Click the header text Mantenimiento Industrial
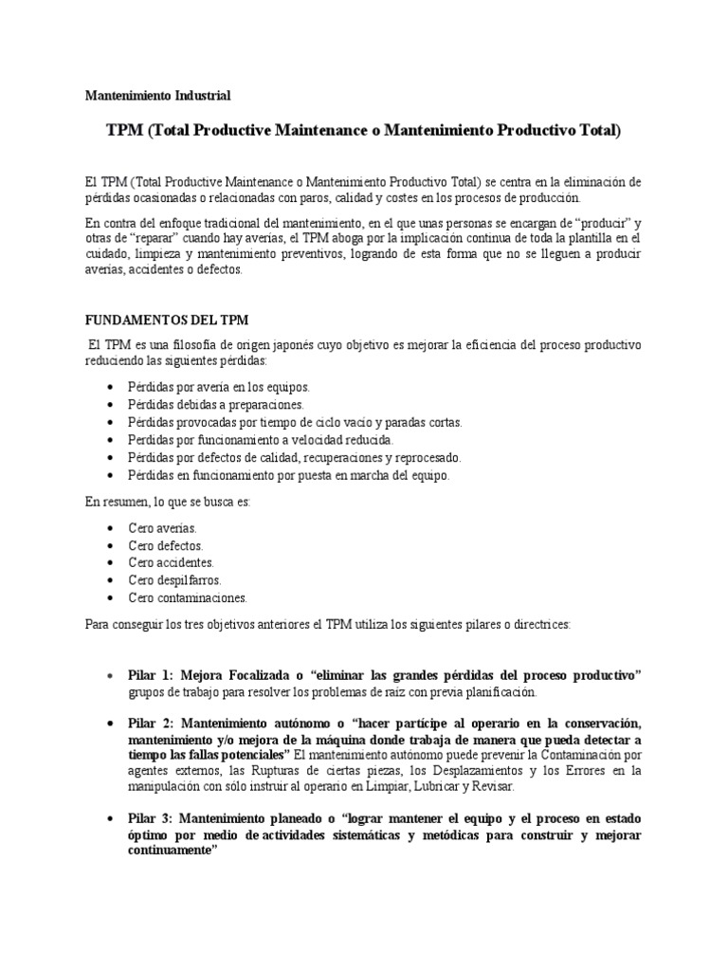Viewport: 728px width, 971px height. click(x=157, y=96)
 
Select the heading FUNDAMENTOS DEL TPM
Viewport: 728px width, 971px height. click(x=167, y=320)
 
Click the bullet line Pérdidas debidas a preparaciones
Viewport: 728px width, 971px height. click(x=216, y=405)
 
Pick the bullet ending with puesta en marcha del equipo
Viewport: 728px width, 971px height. click(x=289, y=475)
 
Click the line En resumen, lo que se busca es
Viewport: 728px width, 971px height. click(x=169, y=502)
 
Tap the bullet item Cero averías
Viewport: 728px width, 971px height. click(x=162, y=528)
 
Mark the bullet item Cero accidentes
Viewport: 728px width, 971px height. click(x=171, y=562)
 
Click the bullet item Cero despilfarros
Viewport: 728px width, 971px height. click(x=174, y=579)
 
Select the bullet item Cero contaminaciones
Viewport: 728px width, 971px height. click(x=188, y=597)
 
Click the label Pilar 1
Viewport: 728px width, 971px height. click(x=150, y=675)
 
